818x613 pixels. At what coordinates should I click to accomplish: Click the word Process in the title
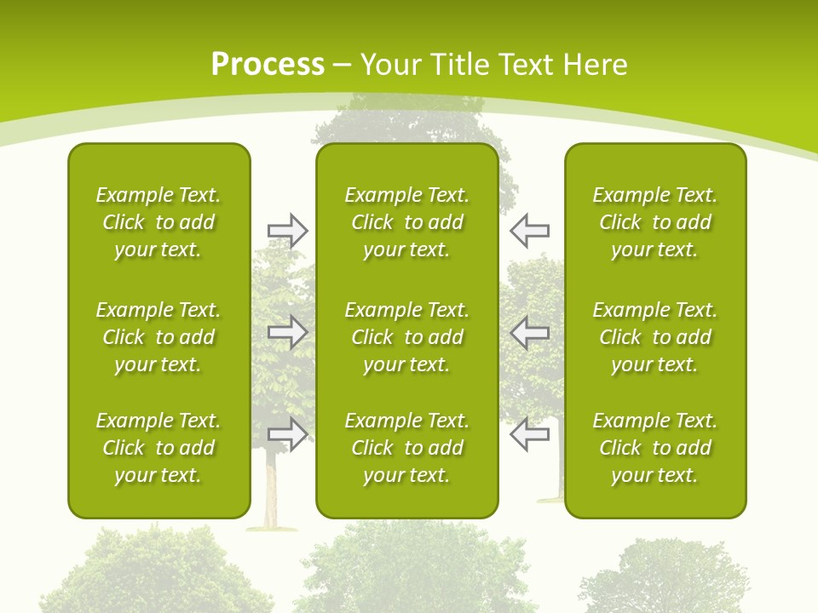[268, 65]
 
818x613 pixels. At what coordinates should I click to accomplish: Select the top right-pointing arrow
[287, 231]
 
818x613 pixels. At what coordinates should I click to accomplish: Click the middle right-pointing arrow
[287, 333]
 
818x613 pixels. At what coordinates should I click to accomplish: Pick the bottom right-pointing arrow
[287, 434]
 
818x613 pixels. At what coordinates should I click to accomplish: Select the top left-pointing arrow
[530, 231]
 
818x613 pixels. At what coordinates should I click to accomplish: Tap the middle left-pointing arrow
[530, 333]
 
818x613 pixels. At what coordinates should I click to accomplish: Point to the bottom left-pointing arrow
[530, 434]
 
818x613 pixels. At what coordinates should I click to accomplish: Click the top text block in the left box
[158, 222]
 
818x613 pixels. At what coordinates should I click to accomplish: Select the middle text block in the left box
[158, 337]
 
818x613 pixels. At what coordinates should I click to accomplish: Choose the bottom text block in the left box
[158, 448]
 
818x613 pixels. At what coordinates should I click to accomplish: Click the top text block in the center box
[406, 222]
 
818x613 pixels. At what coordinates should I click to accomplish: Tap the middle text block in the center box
[406, 337]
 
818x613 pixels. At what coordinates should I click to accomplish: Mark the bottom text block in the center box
[406, 448]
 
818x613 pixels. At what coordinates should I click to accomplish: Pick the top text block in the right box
[655, 222]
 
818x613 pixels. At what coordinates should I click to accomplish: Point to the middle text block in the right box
[655, 337]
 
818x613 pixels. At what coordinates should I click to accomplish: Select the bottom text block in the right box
[655, 448]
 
